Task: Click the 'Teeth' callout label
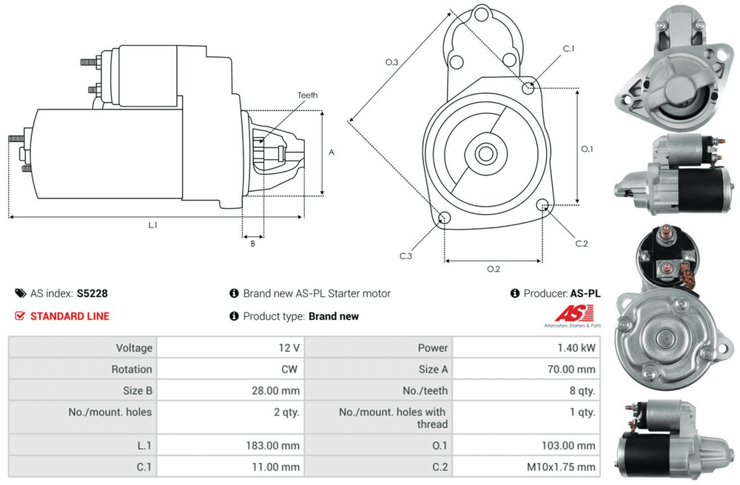click(307, 96)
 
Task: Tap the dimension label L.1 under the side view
click(152, 225)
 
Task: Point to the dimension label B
click(252, 244)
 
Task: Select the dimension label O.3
click(391, 62)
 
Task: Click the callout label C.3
click(406, 256)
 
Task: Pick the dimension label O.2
click(493, 269)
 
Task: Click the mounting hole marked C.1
click(528, 87)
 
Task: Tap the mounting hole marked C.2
click(542, 205)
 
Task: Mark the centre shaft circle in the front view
click(485, 153)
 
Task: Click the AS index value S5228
click(92, 293)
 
